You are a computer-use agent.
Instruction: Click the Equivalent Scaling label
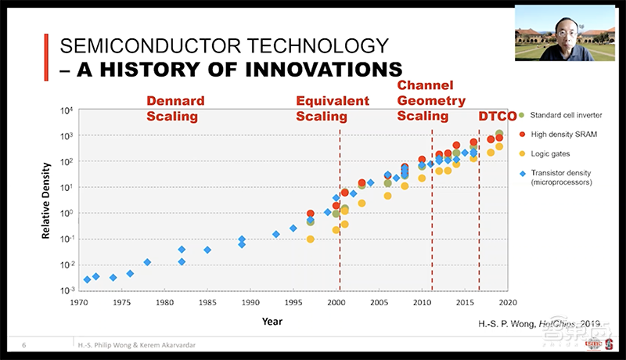[332, 109]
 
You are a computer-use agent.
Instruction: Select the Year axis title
[293, 319]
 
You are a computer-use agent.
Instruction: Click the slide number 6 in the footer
[25, 344]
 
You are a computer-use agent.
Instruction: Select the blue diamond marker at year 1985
[207, 250]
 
